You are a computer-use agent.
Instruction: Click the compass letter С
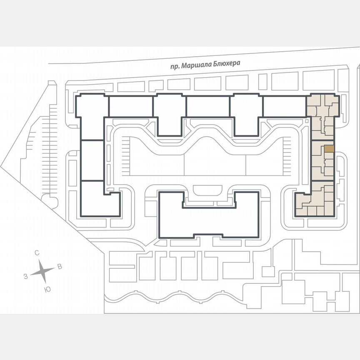pos(37,253)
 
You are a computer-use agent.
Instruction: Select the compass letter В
pos(59,267)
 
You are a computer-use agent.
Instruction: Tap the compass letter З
pos(26,276)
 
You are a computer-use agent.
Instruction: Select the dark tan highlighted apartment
pos(329,148)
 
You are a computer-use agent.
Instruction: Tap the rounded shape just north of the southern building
pos(208,191)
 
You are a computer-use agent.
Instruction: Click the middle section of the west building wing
pos(92,160)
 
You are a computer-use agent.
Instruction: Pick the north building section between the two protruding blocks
pos(208,106)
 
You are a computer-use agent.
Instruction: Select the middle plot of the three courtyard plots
pos(214,165)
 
